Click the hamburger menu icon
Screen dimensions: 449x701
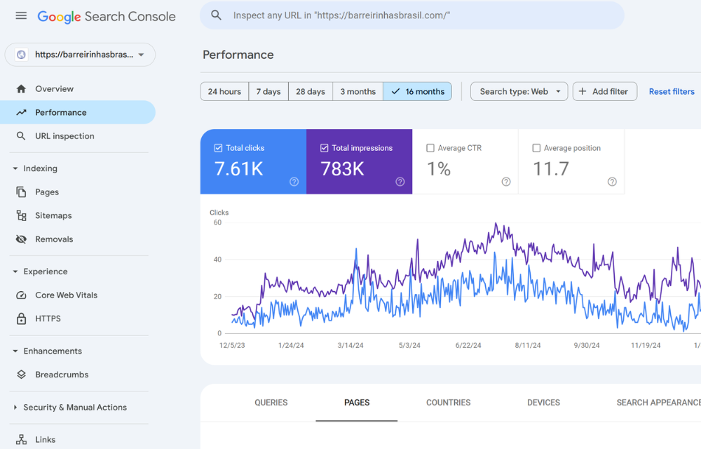click(21, 15)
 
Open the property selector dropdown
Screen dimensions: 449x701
click(80, 55)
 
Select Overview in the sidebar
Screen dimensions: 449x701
click(54, 89)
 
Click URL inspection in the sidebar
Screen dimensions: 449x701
click(64, 136)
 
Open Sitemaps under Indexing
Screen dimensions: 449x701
click(53, 215)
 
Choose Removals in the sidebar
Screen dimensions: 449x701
click(54, 239)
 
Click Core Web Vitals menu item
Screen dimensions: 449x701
click(66, 295)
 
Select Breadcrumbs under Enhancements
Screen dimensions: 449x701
click(62, 375)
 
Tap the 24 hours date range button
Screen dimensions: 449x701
click(224, 92)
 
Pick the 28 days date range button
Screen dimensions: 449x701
click(310, 92)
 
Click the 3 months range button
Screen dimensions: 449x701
click(358, 92)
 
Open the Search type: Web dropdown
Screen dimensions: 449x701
click(519, 92)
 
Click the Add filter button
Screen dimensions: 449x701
click(604, 92)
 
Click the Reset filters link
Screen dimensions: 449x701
click(671, 92)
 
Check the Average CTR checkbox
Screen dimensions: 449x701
click(430, 148)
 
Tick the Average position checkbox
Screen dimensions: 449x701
click(536, 148)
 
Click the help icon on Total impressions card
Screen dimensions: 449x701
click(400, 182)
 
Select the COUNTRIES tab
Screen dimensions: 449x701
click(448, 403)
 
